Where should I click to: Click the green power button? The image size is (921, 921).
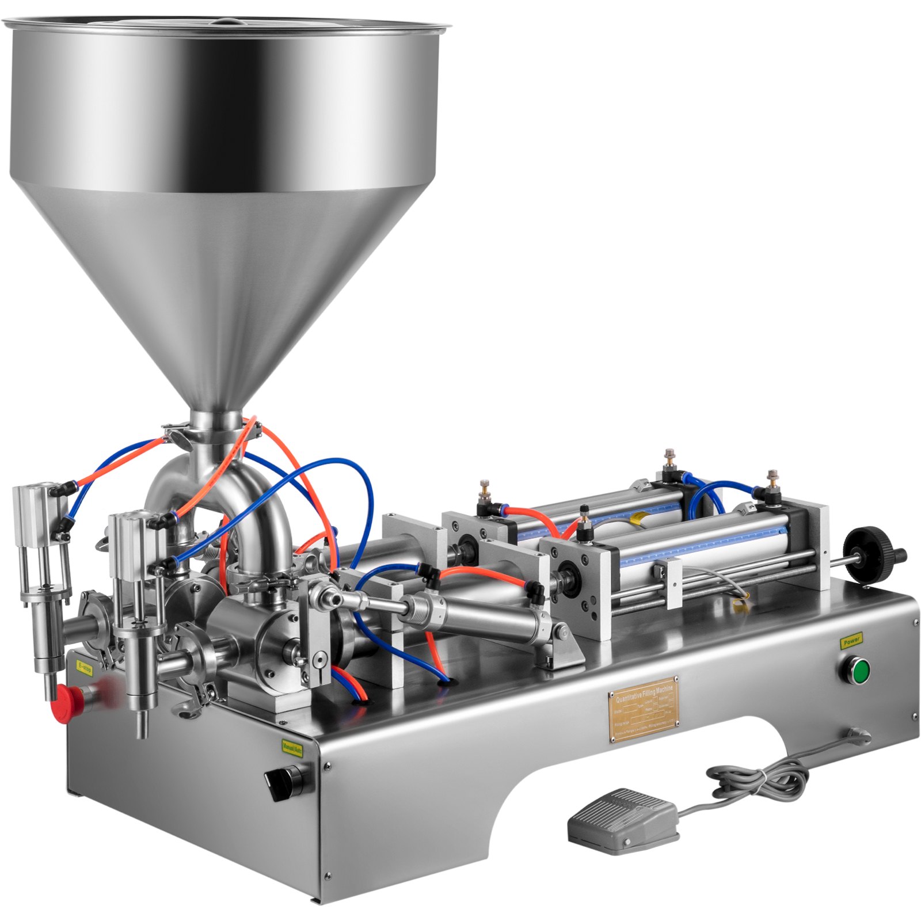(860, 672)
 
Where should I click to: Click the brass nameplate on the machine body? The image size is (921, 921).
(643, 710)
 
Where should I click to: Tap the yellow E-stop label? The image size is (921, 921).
(84, 668)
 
